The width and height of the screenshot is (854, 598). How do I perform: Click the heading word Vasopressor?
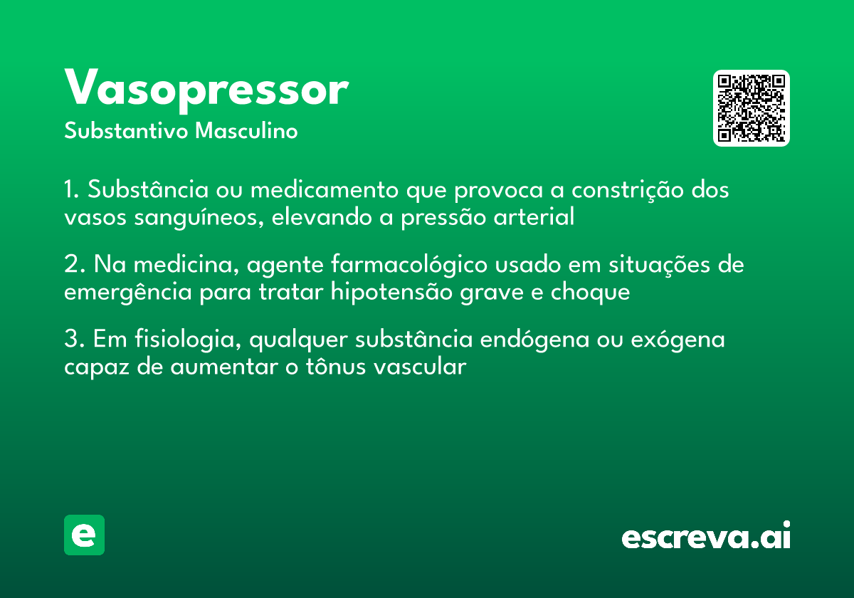[x=206, y=90]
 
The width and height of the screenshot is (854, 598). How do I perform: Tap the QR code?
[x=751, y=108]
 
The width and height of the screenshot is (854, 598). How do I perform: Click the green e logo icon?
[x=84, y=535]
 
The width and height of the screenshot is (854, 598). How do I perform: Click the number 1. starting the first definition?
[x=73, y=191]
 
